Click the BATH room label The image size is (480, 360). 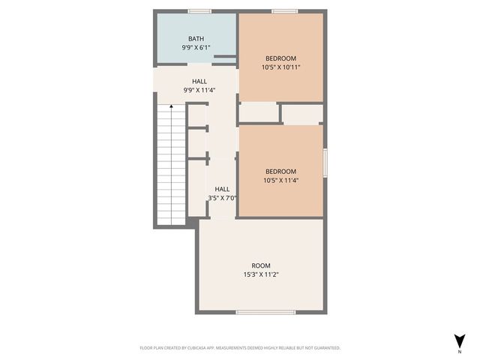coord(196,38)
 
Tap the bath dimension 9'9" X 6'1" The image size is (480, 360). coord(196,47)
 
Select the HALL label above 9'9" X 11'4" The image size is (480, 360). coord(199,81)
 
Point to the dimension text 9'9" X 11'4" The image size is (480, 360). coord(199,90)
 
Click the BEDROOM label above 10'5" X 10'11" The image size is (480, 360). coord(281,58)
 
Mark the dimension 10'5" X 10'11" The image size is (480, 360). coord(281,67)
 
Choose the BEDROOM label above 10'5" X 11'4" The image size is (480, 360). coord(281,171)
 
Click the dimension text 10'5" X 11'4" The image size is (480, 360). coord(281,180)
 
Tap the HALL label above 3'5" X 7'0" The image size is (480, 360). coord(223,189)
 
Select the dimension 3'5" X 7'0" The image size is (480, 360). coord(223,198)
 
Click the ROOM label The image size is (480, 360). coord(261,265)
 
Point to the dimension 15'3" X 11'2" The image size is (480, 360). coord(261,274)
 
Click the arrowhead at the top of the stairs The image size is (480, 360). coord(171,107)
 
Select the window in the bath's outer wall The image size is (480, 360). coord(199,11)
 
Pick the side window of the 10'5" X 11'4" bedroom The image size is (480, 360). coord(325,163)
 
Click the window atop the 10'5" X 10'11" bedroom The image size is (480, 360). coord(282,11)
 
